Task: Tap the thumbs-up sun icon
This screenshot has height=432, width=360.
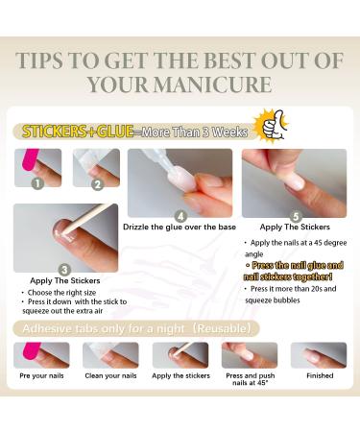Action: pyautogui.click(x=272, y=124)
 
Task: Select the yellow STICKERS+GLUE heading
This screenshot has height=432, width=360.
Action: pyautogui.click(x=75, y=132)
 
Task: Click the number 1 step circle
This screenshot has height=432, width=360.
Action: pyautogui.click(x=37, y=181)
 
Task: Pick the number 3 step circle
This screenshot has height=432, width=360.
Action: pyautogui.click(x=65, y=270)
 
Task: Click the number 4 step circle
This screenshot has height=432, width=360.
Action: pyautogui.click(x=180, y=216)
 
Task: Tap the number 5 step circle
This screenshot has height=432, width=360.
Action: pyautogui.click(x=295, y=215)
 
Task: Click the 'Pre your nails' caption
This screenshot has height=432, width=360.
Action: pyautogui.click(x=40, y=375)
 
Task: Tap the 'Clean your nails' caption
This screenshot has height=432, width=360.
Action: pyautogui.click(x=109, y=375)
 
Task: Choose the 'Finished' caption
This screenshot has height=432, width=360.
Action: pyautogui.click(x=319, y=375)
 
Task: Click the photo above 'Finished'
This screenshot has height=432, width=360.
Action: pyautogui.click(x=319, y=355)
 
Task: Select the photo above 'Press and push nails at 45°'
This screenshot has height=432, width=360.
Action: pyautogui.click(x=249, y=355)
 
